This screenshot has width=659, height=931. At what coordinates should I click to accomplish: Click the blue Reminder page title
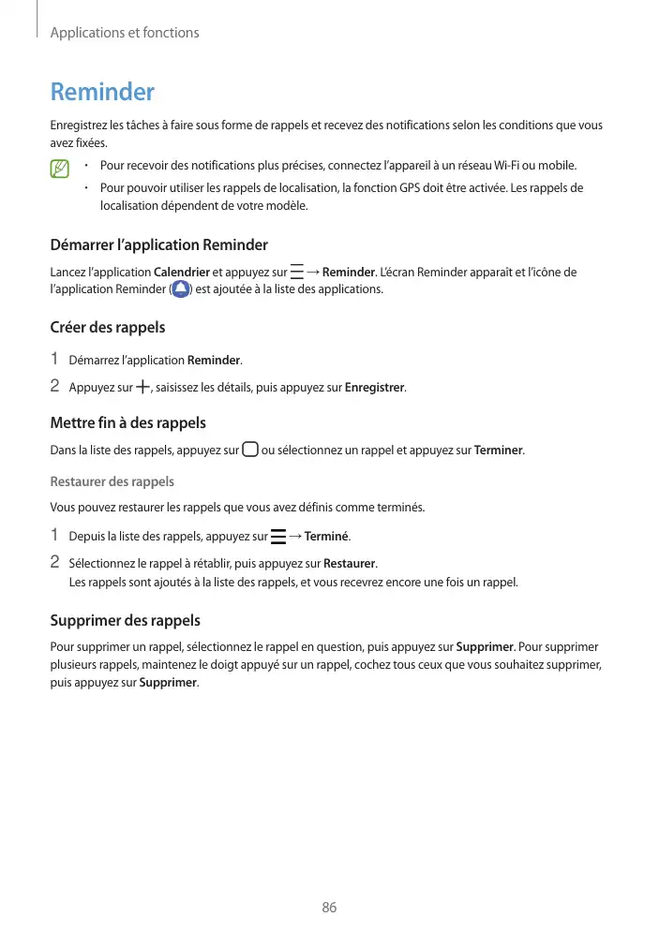[x=102, y=93]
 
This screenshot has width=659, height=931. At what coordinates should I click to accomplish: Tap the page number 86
[x=329, y=908]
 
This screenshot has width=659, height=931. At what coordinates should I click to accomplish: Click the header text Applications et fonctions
[x=124, y=33]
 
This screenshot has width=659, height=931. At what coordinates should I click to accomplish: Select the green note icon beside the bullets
[x=61, y=170]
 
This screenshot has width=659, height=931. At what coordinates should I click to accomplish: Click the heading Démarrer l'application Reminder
[x=158, y=245]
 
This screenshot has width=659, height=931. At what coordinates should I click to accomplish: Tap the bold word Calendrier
[x=181, y=273]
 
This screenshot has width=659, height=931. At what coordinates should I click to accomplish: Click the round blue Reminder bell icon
[x=181, y=289]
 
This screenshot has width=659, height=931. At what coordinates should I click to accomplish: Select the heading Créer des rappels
[x=107, y=328]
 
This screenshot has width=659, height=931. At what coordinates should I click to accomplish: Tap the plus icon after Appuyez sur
[x=142, y=387]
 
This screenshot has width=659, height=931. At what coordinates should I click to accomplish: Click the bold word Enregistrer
[x=375, y=388]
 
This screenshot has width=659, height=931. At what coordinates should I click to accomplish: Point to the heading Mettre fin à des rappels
[x=127, y=423]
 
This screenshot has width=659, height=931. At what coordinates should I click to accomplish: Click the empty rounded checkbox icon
[x=249, y=450]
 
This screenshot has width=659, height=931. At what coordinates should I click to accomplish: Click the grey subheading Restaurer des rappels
[x=112, y=481]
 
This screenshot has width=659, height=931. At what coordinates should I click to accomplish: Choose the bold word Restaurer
[x=349, y=564]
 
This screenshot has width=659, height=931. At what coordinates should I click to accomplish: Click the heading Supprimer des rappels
[x=125, y=621]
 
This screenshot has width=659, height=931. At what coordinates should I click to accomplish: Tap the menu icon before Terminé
[x=277, y=537]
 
